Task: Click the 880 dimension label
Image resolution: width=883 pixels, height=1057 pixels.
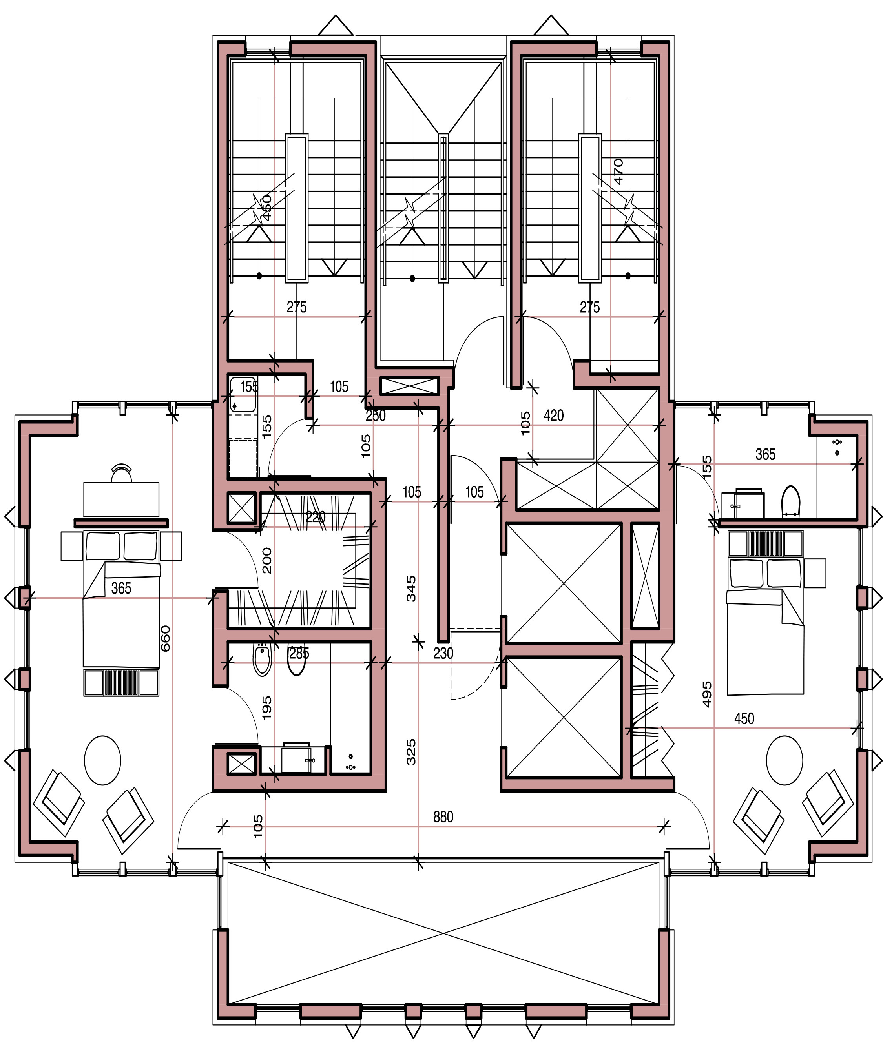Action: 443,817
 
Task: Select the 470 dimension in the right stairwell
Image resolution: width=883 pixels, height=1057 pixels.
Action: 619,171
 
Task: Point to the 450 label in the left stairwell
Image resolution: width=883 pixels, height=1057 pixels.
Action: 267,208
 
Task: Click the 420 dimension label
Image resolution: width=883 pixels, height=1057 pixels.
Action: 553,416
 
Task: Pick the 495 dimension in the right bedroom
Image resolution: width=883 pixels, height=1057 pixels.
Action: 707,694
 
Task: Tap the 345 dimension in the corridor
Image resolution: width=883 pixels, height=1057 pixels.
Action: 411,589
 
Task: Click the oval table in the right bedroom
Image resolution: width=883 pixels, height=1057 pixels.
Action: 784,760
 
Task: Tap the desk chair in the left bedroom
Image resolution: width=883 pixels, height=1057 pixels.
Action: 121,474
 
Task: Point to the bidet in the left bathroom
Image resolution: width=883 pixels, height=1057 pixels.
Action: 262,660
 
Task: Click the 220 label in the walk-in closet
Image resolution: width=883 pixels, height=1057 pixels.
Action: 316,517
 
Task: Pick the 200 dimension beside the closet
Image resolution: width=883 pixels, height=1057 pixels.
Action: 267,561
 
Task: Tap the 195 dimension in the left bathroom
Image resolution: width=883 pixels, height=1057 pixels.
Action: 267,707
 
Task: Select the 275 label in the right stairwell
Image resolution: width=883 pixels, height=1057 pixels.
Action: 589,307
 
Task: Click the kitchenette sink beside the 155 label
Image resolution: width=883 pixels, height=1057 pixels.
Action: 243,395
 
